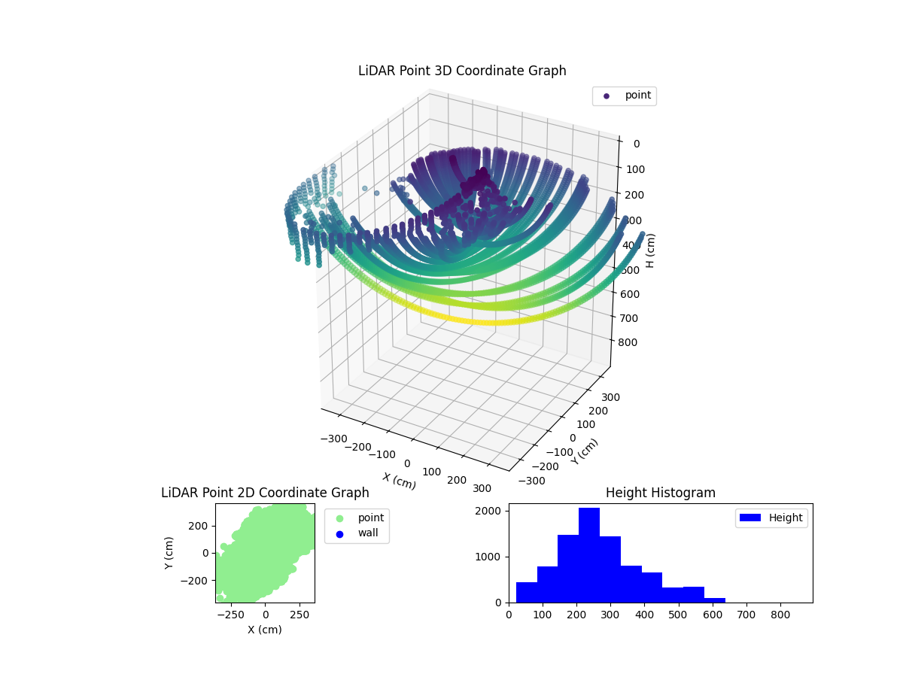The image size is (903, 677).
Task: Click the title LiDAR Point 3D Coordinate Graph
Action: [461, 71]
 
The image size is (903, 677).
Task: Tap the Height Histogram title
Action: [660, 493]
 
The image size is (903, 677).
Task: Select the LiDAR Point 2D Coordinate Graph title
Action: [265, 493]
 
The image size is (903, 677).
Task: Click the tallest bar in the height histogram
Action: [589, 555]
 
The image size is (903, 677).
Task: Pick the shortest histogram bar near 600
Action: [715, 600]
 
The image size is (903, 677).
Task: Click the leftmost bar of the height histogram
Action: [527, 592]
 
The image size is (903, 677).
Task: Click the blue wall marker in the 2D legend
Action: [339, 533]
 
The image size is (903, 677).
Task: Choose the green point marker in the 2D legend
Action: [339, 518]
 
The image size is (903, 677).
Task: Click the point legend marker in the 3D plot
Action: [607, 96]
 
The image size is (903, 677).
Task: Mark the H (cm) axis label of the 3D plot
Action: [651, 250]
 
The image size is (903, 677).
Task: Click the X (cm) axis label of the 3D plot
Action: [399, 481]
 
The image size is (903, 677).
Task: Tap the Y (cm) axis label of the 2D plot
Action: [169, 553]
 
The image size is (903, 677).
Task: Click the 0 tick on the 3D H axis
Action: [636, 144]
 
